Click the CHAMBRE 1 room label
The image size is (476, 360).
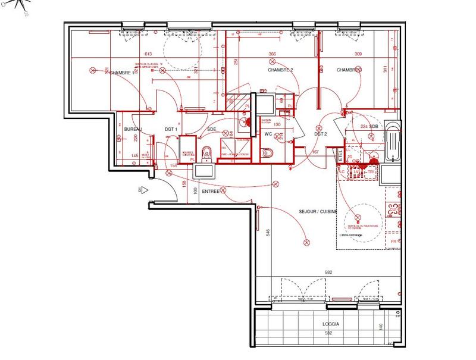click(121, 73)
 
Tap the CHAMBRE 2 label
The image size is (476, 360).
click(280, 70)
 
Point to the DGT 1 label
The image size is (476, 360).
click(171, 129)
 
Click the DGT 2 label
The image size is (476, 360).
click(321, 134)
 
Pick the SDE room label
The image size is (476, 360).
click(211, 129)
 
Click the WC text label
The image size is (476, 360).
click(268, 134)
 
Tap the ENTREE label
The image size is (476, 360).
click(211, 192)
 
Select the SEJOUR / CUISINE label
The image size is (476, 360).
click(318, 212)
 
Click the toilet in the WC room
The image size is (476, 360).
click(266, 154)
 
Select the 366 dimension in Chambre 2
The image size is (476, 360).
click(272, 54)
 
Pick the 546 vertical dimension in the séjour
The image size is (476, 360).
click(268, 232)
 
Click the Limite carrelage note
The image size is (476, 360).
click(350, 235)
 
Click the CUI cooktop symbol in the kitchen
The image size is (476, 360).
click(393, 209)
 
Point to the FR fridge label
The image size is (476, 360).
click(393, 241)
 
